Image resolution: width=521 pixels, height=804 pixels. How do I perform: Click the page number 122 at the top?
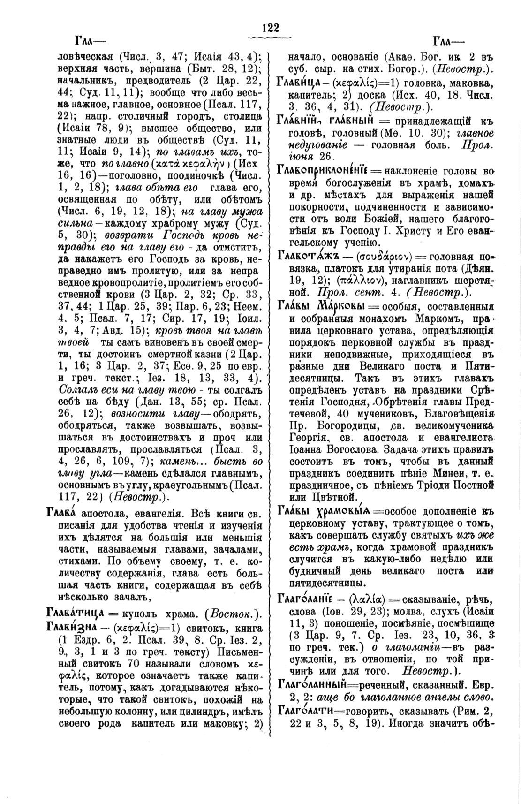click(271, 28)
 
